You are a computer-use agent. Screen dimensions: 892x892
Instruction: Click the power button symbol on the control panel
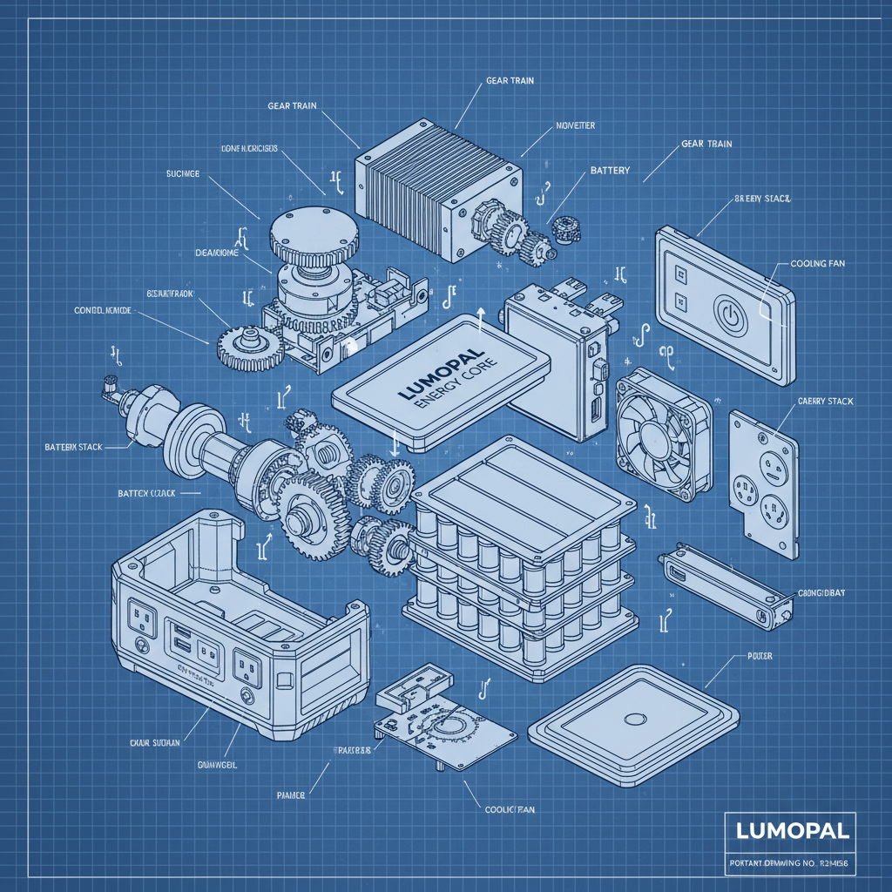point(730,315)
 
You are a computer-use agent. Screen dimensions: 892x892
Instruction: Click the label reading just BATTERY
point(610,171)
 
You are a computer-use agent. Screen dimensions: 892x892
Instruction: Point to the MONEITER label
point(575,126)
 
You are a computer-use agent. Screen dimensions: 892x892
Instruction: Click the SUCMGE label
point(183,174)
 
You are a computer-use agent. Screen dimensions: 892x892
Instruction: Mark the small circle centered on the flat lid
point(634,720)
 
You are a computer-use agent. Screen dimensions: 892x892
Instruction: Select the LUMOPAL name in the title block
point(791,831)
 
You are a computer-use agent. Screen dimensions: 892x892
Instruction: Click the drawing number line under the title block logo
point(791,863)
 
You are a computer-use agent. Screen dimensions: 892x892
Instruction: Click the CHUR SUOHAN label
point(155,742)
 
